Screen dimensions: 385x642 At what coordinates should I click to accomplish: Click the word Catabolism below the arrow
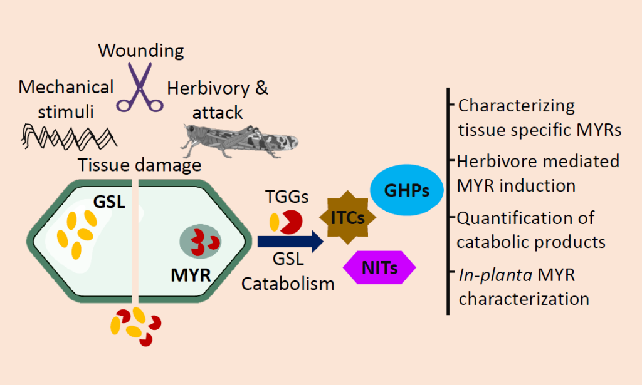(x=288, y=284)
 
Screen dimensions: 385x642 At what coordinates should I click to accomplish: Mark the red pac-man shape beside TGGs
(x=292, y=223)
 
